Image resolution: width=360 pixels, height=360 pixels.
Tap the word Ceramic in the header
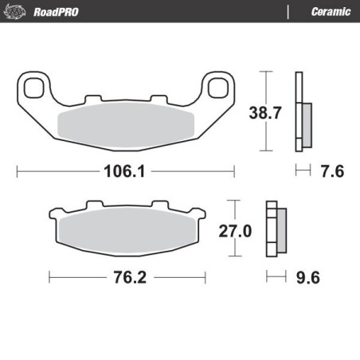tap(327, 11)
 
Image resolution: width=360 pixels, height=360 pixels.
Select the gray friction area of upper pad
tap(127, 123)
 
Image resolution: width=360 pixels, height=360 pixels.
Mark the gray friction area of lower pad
tap(127, 229)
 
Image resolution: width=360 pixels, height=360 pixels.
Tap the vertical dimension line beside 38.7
tap(265, 112)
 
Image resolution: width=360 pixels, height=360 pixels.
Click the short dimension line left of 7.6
tap(301, 170)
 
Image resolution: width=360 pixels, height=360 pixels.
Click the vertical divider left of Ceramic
tap(287, 11)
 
